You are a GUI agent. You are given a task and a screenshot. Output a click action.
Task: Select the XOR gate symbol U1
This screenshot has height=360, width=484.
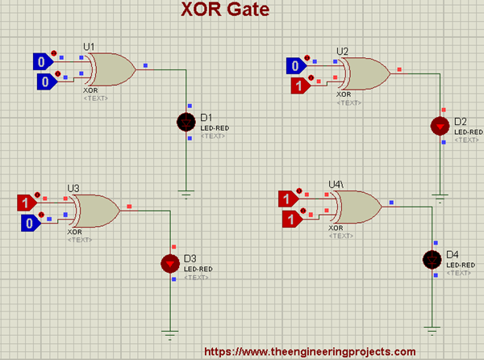(x=111, y=69)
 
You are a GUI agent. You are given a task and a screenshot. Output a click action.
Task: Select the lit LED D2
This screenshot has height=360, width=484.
(x=440, y=125)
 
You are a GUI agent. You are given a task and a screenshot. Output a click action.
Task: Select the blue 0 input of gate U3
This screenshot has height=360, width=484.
(x=28, y=223)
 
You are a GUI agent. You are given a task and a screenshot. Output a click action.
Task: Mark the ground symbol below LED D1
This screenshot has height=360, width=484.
(x=186, y=194)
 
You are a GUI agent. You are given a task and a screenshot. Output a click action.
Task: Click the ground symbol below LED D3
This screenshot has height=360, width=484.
(x=170, y=332)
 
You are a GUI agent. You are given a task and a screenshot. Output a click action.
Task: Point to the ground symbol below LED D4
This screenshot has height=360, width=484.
(x=433, y=329)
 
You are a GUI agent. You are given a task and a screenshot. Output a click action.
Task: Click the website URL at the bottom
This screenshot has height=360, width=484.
(x=310, y=351)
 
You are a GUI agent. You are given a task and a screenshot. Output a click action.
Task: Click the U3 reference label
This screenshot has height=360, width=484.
(x=73, y=188)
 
